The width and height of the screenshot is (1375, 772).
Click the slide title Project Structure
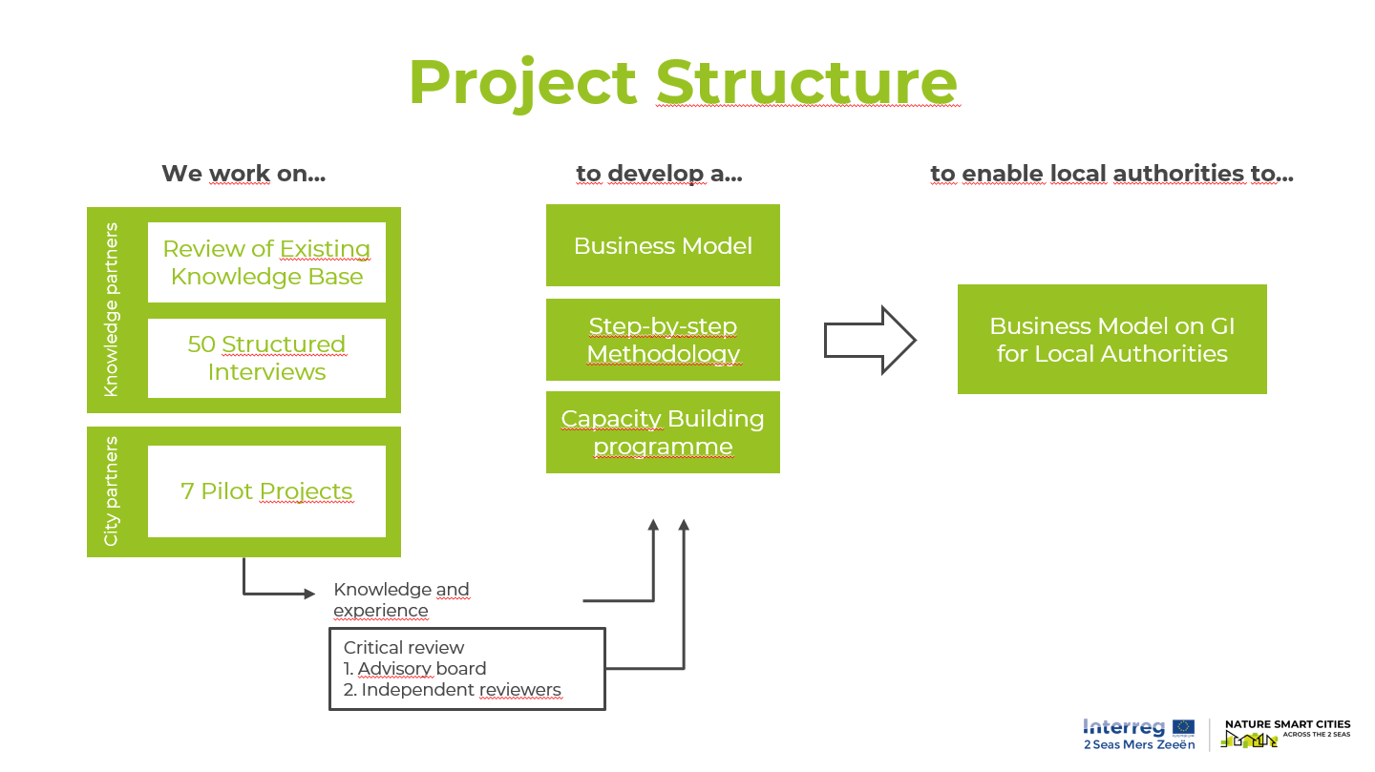coord(682,82)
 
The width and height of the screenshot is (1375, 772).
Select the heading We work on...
coord(243,174)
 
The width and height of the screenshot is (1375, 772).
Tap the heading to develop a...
coord(659,174)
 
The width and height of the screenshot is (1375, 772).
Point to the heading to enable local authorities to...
coord(1111,174)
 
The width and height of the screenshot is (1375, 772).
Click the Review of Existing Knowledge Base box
coord(266,262)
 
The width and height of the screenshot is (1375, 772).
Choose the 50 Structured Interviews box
coord(266,358)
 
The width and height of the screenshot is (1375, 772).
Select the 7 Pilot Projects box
coord(266,491)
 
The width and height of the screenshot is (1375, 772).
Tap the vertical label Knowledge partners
coord(112,310)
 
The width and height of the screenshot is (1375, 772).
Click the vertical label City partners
coord(112,491)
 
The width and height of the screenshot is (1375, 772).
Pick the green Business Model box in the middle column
coord(663,245)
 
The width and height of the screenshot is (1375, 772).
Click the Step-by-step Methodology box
coord(663,340)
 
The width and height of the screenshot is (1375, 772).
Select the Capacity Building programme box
coord(663,432)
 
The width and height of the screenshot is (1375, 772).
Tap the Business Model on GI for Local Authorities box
coord(1111,340)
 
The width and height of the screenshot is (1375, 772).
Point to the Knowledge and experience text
coord(401,600)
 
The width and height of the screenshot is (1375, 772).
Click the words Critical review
coord(404,648)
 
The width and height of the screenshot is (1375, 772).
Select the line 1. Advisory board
coord(415,669)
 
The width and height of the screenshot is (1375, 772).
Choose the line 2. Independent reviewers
coord(453,690)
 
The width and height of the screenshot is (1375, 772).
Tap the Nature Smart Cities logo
coord(1285,734)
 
